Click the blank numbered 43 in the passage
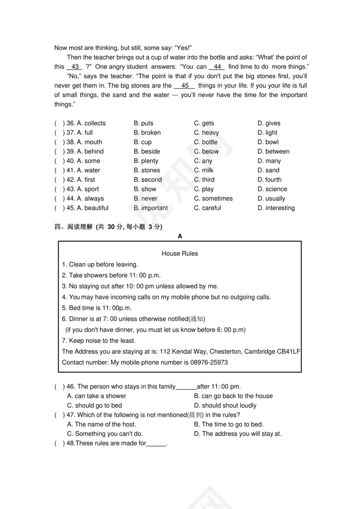tap(74, 67)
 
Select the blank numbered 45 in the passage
tap(185, 86)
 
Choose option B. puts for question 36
tap(144, 123)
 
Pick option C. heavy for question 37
tap(206, 133)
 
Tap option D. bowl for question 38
tap(268, 142)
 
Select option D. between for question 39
tap(273, 151)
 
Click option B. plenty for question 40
tap(146, 161)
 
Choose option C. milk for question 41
tap(204, 170)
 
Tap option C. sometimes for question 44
tap(213, 199)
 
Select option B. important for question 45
tap(151, 208)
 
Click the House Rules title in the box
tap(180, 254)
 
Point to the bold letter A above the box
tap(180, 236)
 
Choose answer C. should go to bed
tap(94, 405)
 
